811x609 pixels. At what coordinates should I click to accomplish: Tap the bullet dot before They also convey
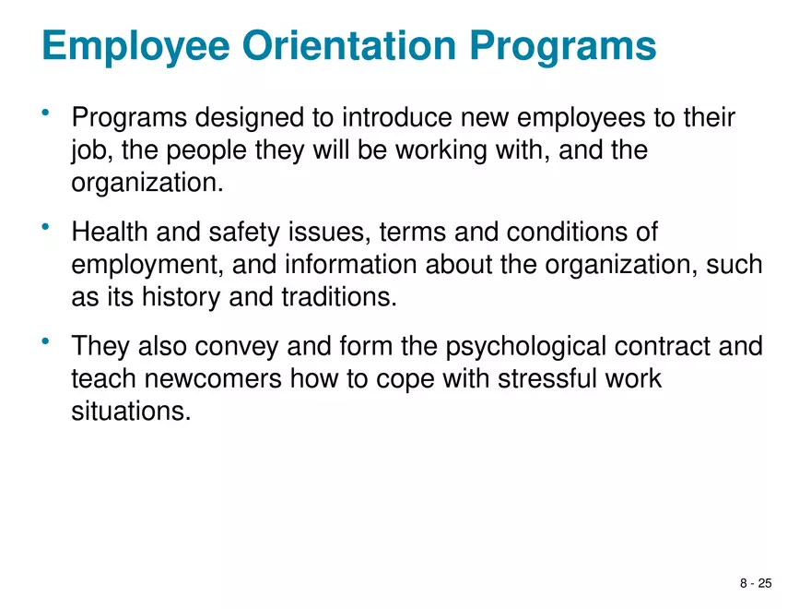point(44,341)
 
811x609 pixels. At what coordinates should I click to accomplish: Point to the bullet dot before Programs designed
point(44,113)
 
